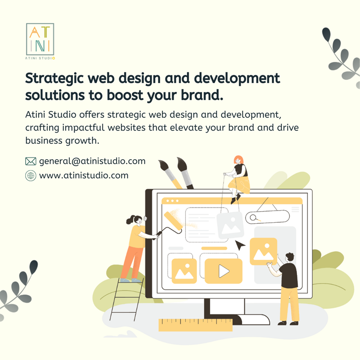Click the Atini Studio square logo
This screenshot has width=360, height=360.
[40, 39]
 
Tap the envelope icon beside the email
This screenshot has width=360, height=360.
[31, 162]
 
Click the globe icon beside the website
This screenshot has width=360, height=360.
[31, 175]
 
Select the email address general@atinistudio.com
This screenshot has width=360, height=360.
[92, 161]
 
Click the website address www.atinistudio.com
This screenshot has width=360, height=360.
[84, 175]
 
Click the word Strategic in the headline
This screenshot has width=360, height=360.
[54, 79]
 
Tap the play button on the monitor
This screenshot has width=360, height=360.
[224, 271]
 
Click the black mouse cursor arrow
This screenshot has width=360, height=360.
[240, 245]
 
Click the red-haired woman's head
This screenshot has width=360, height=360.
[238, 160]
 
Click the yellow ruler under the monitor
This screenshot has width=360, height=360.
[195, 325]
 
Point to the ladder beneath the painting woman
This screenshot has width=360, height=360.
[127, 299]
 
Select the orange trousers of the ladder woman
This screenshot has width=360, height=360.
[132, 262]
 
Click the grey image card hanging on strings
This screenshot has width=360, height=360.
[230, 226]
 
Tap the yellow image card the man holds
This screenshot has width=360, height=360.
[263, 252]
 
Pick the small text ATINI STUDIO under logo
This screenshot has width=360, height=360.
[40, 58]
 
